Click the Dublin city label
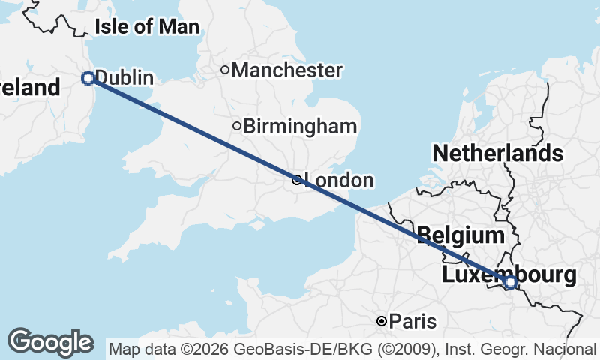coord(124,78)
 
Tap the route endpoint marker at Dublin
coord(88,77)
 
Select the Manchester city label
coord(287,70)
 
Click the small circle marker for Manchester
coord(224,70)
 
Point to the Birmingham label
coord(300,126)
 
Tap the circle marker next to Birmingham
coord(237,126)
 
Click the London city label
coord(339,181)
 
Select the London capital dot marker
coord(297,180)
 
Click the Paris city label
coord(412,322)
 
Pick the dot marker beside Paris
coord(382,321)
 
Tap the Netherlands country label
coord(497,154)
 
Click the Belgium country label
coord(460,235)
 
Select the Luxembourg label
coord(509,274)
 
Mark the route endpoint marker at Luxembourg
coord(510,282)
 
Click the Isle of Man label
coord(147,28)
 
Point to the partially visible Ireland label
coord(30,88)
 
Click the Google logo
coord(50,342)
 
